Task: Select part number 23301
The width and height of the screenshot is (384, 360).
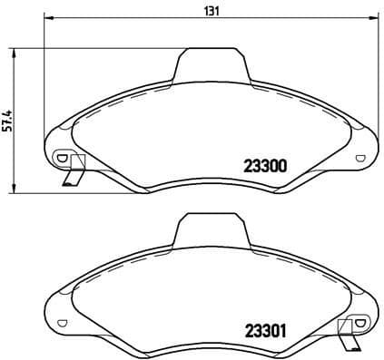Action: tap(265, 330)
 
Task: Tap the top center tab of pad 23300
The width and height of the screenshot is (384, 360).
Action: tap(212, 65)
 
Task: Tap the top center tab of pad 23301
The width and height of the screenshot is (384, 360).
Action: tap(212, 229)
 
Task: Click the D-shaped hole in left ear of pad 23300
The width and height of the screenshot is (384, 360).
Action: tap(61, 156)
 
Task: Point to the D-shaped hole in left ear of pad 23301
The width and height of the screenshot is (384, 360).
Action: tap(61, 321)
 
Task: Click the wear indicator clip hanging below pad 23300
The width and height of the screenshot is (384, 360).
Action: tap(73, 173)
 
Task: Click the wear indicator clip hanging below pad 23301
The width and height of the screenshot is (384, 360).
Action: tap(349, 338)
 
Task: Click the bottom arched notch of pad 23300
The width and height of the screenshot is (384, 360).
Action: tap(212, 180)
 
